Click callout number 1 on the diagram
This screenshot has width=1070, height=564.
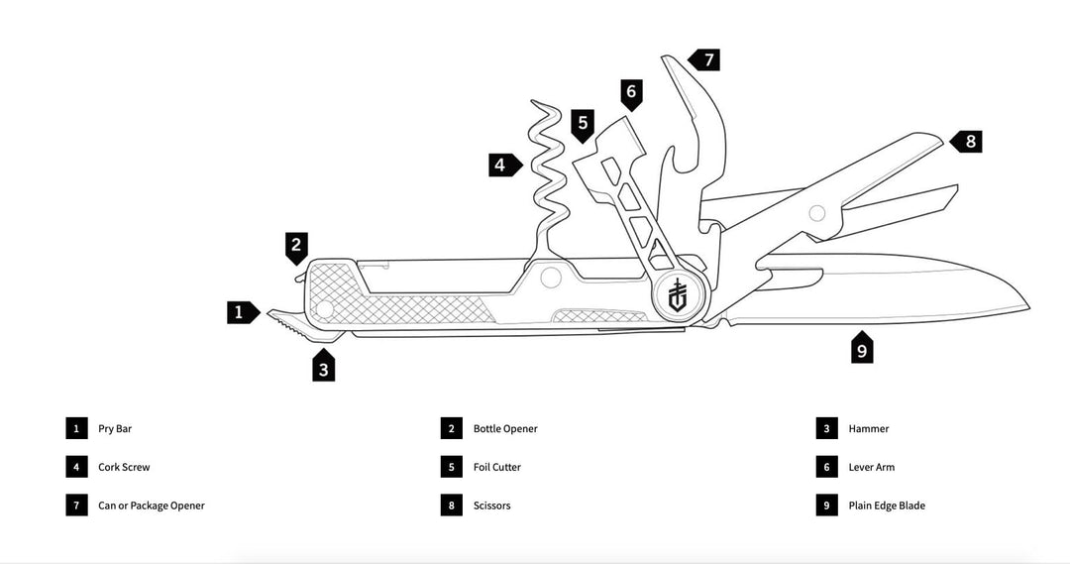click(x=238, y=312)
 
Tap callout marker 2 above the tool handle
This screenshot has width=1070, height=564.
click(x=296, y=244)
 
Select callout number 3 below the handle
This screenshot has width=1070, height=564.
click(x=323, y=369)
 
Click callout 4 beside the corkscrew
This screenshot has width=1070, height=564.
click(x=501, y=165)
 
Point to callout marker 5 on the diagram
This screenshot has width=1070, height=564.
click(x=583, y=124)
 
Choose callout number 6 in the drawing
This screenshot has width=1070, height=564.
click(x=631, y=94)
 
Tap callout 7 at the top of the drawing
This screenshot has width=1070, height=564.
click(x=707, y=59)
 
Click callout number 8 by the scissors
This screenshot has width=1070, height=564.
click(x=970, y=141)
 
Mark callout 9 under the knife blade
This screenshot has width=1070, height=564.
click(x=862, y=350)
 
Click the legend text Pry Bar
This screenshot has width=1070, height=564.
click(x=115, y=429)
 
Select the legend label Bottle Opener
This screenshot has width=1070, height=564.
click(x=505, y=429)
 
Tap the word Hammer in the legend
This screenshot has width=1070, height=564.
click(x=869, y=429)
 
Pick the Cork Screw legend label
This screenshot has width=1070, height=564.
click(x=124, y=467)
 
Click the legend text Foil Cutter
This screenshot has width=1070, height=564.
click(x=497, y=467)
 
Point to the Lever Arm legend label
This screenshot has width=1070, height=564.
click(x=872, y=467)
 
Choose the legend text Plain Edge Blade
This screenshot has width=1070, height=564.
click(x=887, y=506)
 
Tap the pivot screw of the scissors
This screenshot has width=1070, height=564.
click(x=816, y=212)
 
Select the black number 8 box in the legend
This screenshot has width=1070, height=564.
click(x=451, y=506)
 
